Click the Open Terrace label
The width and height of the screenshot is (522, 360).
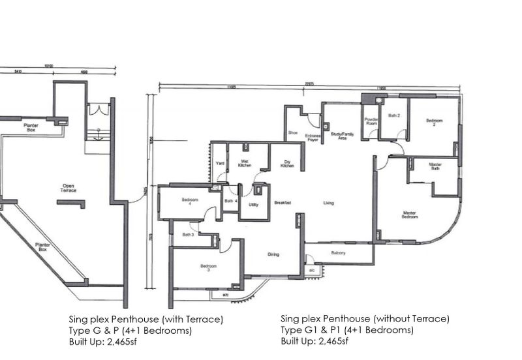[x=69, y=188]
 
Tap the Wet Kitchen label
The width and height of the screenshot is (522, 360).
[x=245, y=164]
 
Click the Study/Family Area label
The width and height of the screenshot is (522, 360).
[x=343, y=136]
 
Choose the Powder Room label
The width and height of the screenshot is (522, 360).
[x=371, y=121]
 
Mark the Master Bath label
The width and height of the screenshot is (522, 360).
[x=435, y=166]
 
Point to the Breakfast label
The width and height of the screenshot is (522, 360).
[x=282, y=203]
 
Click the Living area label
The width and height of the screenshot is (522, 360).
[x=328, y=203]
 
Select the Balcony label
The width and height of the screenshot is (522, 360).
[x=337, y=253]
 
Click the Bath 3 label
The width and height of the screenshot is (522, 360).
[x=188, y=234]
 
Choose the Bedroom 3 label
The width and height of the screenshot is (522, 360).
[x=208, y=267]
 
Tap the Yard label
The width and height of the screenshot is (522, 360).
[x=220, y=164]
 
